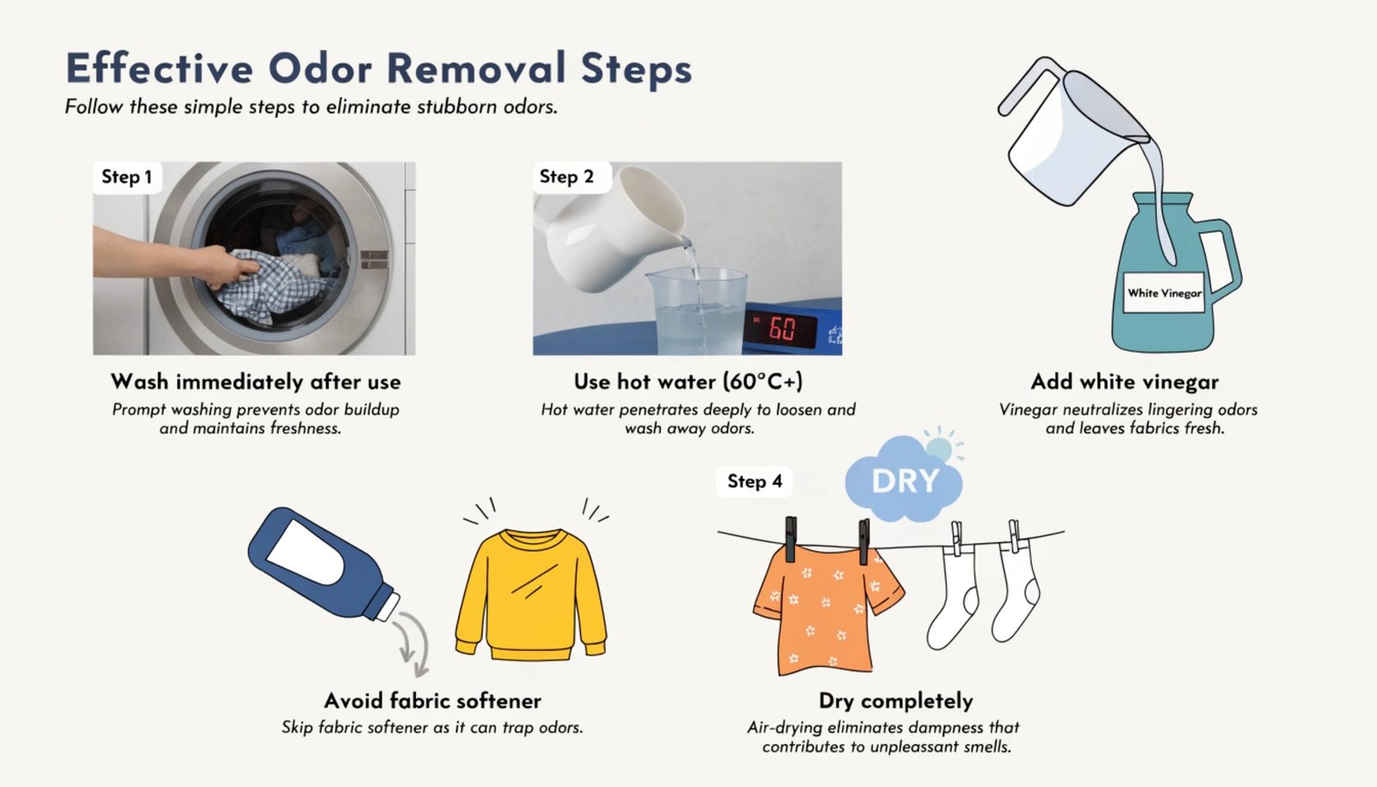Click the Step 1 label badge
(x=127, y=177)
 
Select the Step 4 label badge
(x=754, y=481)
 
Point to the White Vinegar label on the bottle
(x=1164, y=294)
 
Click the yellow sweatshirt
(x=530, y=594)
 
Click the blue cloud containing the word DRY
(x=904, y=480)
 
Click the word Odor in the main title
(x=320, y=68)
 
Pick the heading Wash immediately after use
(x=256, y=381)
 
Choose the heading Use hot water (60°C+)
(x=688, y=381)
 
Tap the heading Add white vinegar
(x=1124, y=381)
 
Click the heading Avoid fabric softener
(x=432, y=701)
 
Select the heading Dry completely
(x=896, y=701)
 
